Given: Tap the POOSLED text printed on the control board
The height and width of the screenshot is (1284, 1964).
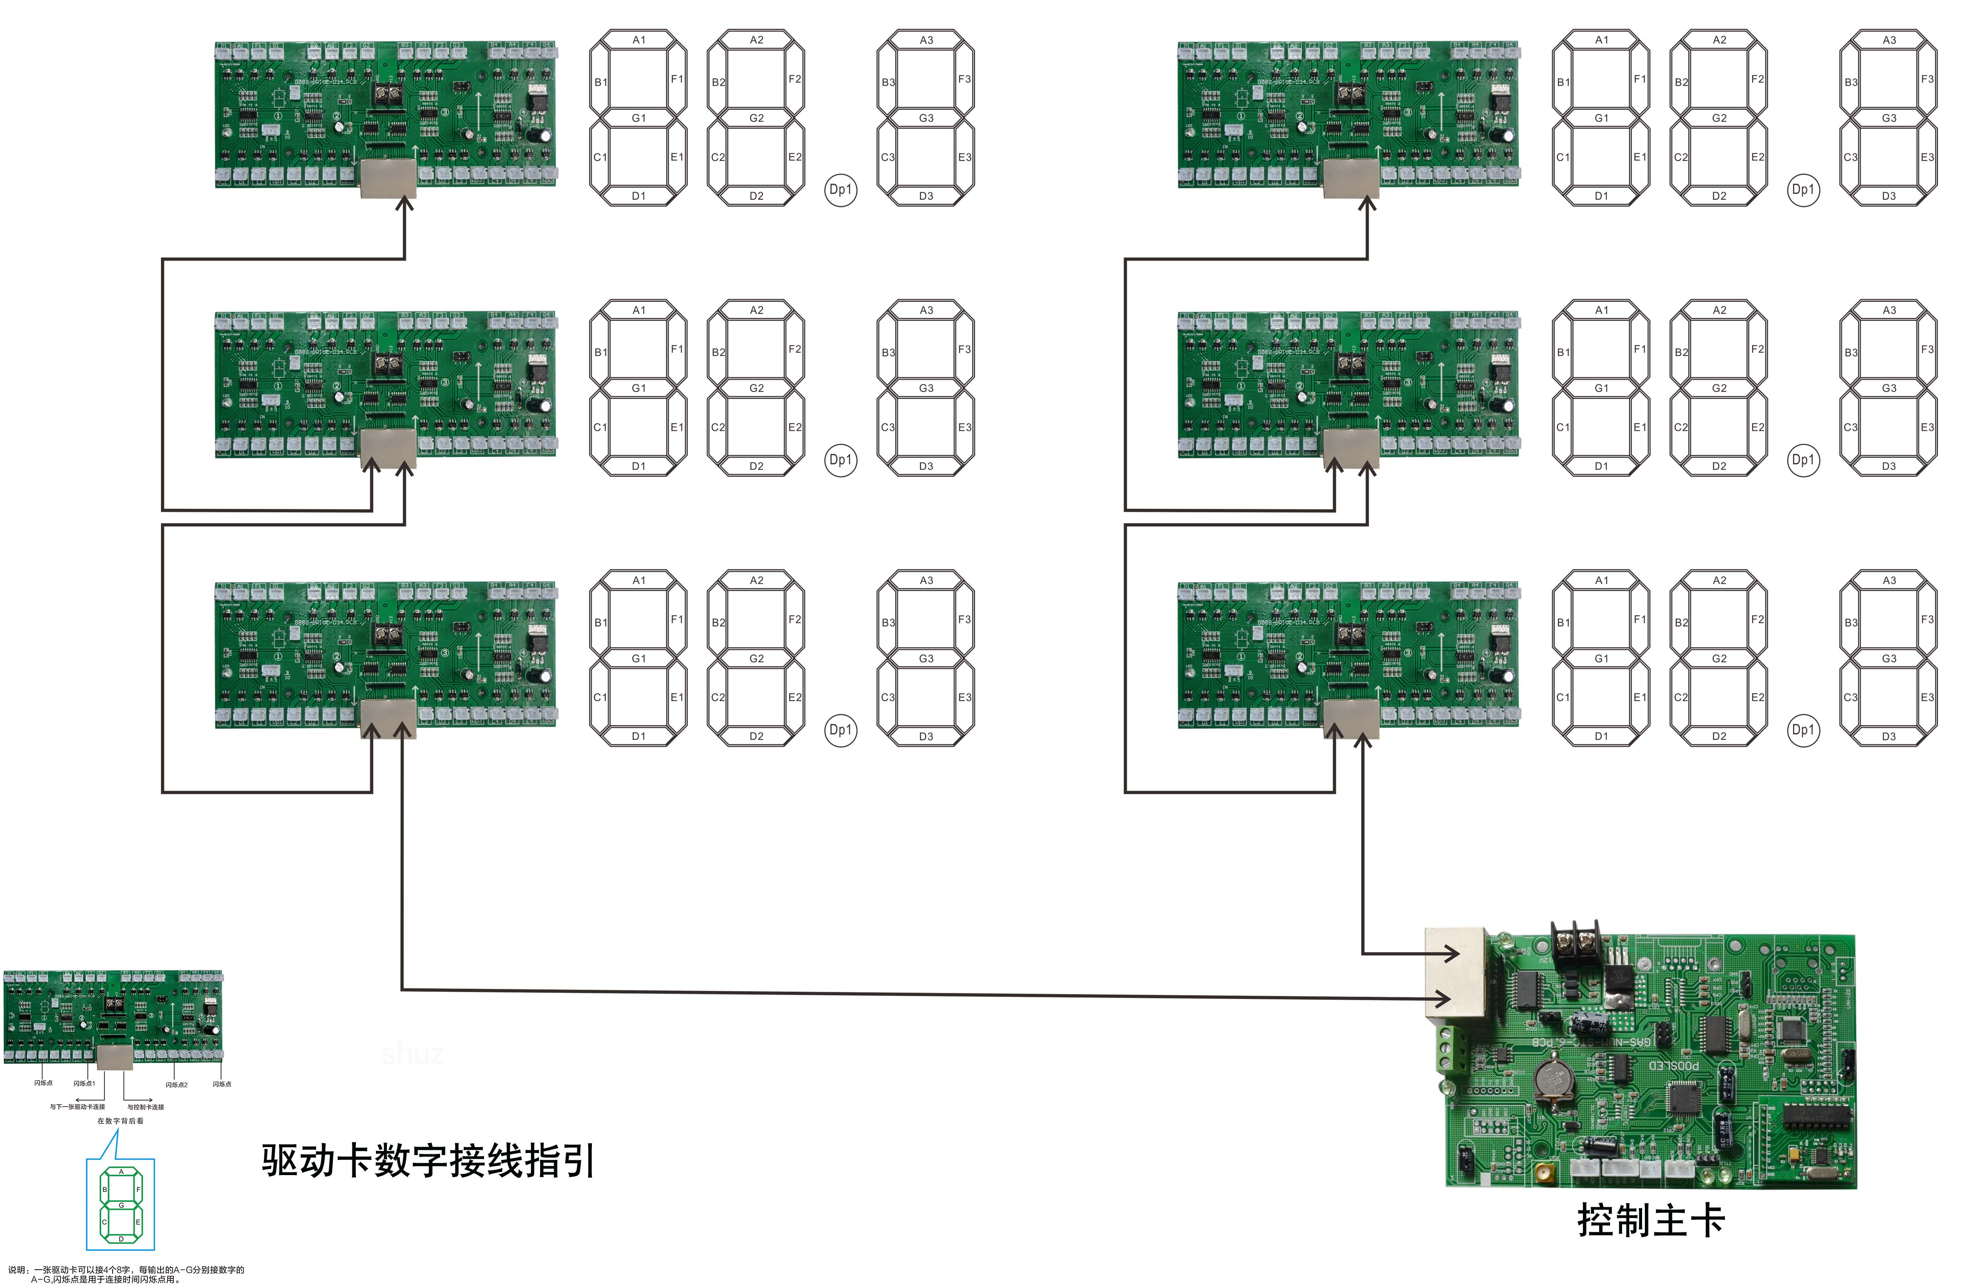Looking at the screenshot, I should (1674, 1065).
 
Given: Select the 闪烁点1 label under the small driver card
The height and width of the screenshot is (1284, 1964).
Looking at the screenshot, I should (84, 1083).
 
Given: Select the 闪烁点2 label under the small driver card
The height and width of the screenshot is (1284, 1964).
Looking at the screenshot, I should (177, 1084).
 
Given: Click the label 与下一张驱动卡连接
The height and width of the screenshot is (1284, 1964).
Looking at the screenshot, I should (77, 1107).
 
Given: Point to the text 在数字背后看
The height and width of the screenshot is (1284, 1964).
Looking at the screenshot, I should (121, 1121).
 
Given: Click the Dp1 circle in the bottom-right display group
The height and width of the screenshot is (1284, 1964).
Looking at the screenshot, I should (1803, 729).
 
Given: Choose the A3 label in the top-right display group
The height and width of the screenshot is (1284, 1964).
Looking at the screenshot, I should (1889, 40).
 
